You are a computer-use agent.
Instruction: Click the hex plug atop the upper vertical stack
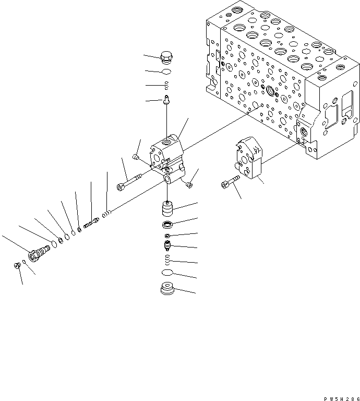tap(167, 58)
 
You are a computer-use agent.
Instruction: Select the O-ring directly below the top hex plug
tap(167, 72)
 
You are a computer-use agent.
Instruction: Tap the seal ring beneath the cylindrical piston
tap(168, 226)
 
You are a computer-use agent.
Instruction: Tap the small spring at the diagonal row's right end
tap(106, 213)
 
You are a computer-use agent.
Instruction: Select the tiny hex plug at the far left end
tap(17, 266)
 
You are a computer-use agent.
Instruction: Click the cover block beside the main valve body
tap(249, 158)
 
